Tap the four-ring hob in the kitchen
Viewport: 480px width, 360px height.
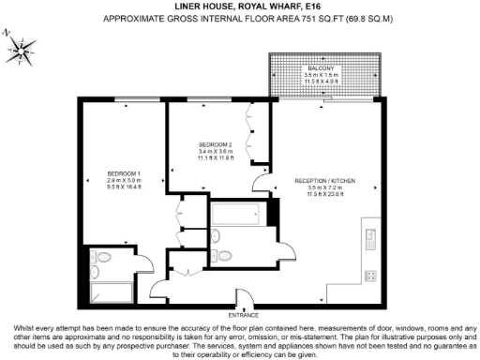pos(369,276)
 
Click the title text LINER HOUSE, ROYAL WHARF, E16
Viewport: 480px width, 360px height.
pos(240,6)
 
